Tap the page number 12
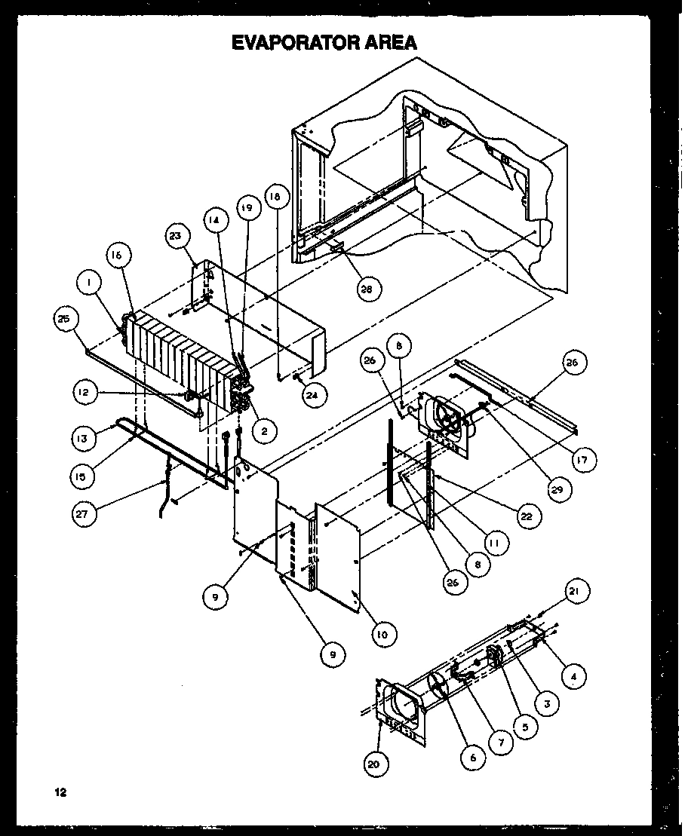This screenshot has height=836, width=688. coord(60,792)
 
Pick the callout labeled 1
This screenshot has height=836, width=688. coord(88,283)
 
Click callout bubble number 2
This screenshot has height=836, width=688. coord(264,430)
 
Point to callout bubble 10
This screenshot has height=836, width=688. coord(383,635)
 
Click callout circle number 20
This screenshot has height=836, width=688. coord(376,764)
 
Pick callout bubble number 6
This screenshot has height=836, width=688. coord(473,758)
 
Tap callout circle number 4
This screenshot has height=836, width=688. coord(574,676)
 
